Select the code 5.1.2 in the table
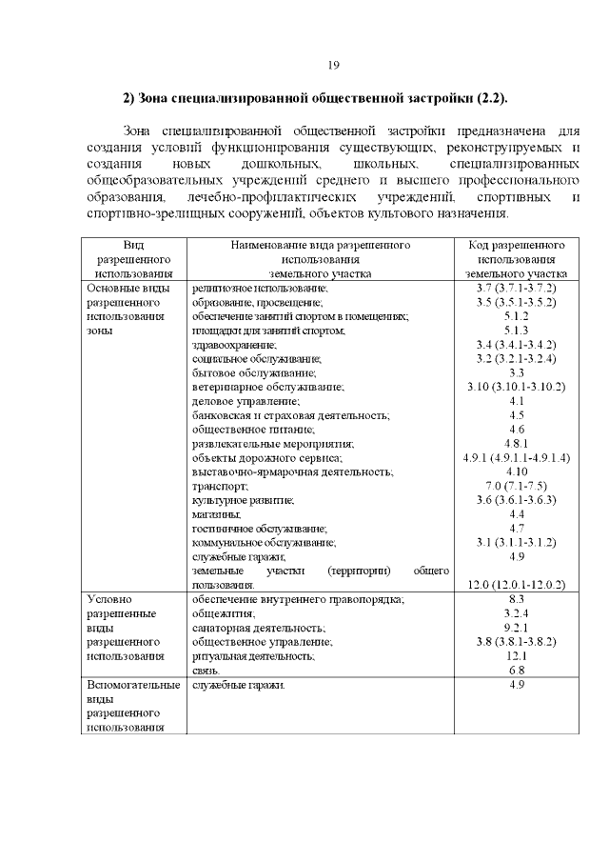(516, 315)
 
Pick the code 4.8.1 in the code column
(516, 444)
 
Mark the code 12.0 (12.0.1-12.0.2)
(516, 584)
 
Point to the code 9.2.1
(516, 628)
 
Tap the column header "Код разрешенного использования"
(516, 258)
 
